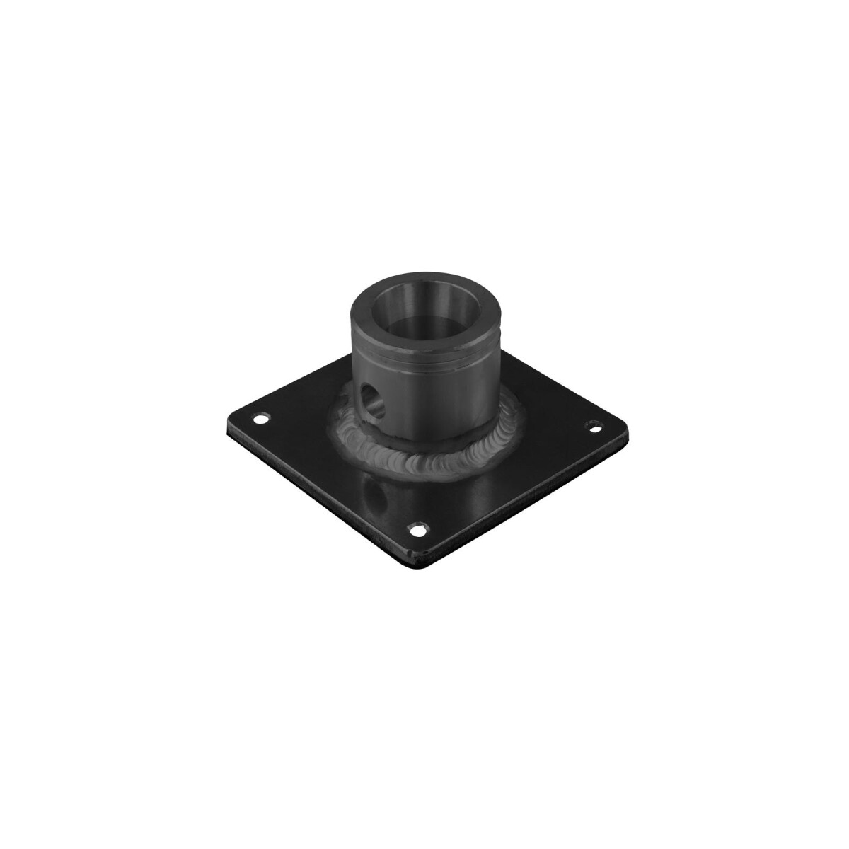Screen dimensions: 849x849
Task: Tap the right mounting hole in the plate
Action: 594,427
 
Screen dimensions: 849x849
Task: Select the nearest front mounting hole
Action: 420,527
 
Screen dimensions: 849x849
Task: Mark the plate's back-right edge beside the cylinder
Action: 552,393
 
